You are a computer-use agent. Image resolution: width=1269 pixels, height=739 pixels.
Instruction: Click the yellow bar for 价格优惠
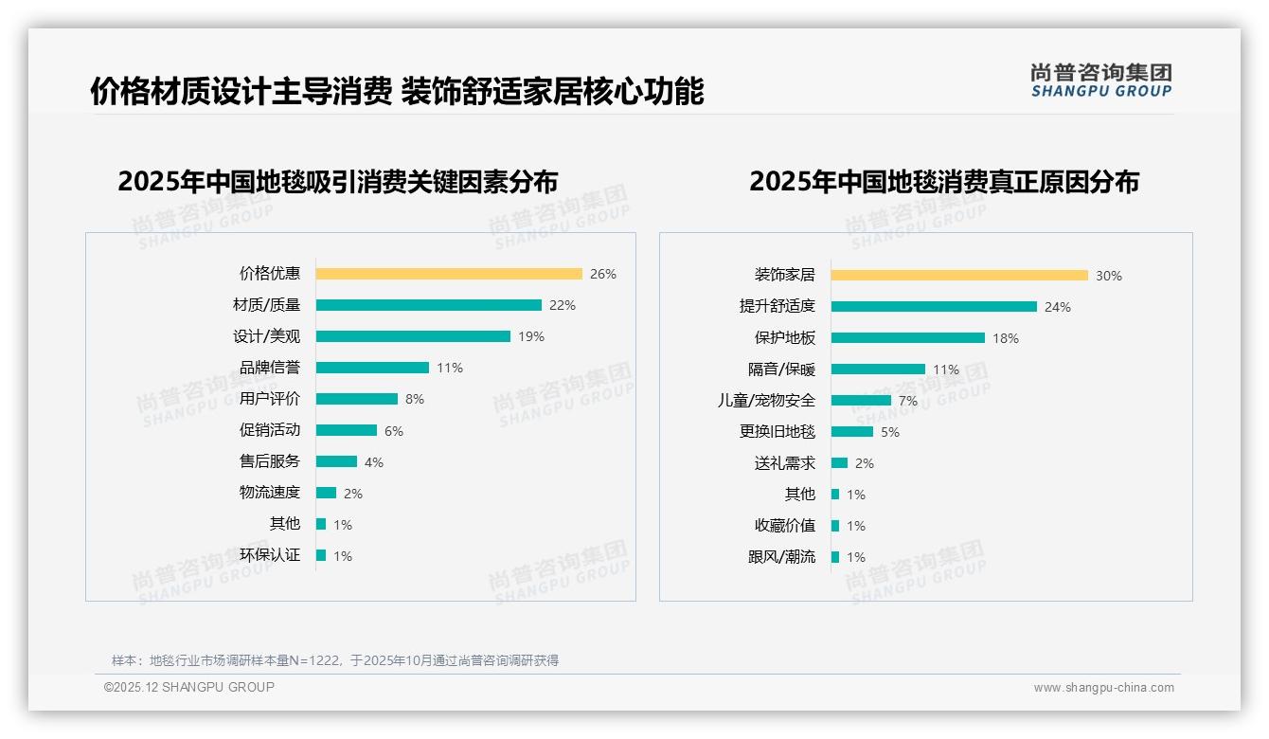coord(449,274)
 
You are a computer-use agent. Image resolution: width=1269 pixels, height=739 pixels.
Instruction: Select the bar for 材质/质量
coord(428,305)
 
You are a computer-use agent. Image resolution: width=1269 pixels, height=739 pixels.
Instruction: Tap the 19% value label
coord(531,336)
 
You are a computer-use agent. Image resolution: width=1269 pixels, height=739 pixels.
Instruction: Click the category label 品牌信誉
coord(270,368)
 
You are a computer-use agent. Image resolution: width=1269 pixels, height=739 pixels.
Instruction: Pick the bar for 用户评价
coord(356,399)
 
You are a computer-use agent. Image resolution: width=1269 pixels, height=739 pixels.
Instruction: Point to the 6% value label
coord(394,431)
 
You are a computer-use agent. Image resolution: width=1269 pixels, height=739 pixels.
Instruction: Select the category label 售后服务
coord(270,461)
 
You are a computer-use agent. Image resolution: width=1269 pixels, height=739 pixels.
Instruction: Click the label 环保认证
coord(270,555)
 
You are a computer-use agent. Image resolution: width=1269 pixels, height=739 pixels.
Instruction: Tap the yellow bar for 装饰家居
coord(959,276)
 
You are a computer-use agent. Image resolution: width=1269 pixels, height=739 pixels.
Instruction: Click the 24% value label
coord(1058,307)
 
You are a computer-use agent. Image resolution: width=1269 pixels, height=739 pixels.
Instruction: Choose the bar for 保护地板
coord(907,338)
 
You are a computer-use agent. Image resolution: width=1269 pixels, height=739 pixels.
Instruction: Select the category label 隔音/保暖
coord(781,369)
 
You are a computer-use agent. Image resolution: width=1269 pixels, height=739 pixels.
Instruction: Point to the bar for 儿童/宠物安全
coord(861,401)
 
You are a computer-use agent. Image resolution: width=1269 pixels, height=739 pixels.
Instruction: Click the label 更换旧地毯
coord(777,432)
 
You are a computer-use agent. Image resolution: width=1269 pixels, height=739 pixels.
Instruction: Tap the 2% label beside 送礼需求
coord(865,463)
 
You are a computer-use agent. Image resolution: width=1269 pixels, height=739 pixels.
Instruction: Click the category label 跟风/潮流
coord(781,557)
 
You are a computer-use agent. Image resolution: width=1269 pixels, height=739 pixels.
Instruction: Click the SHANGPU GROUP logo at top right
coord(1101,81)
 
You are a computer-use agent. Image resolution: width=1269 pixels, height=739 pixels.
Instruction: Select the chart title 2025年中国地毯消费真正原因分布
coord(944,181)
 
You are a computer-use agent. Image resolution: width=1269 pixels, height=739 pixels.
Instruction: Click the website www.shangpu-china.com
coord(1103,688)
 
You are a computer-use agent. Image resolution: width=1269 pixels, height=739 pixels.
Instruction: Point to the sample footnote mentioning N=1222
coord(335,660)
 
